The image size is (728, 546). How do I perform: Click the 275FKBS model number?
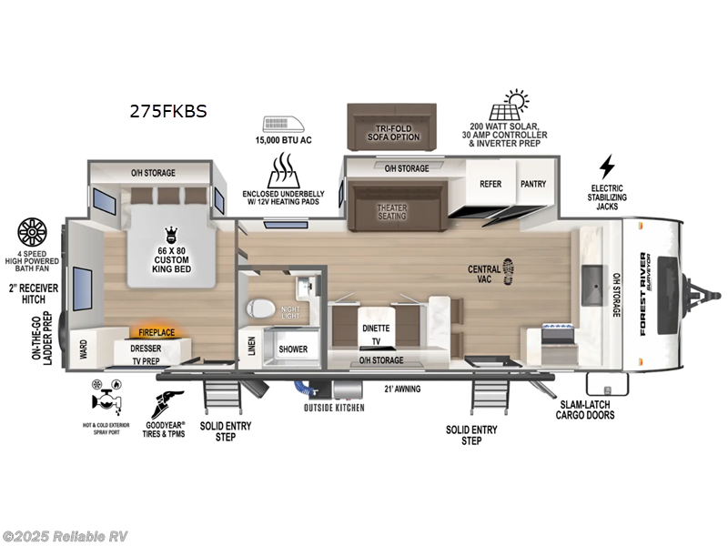[167, 112]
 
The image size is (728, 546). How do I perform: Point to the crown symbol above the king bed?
[169, 234]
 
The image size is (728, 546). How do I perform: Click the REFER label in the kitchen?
[490, 184]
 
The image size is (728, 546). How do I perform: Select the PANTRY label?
[533, 184]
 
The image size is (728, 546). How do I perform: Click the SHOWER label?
[293, 349]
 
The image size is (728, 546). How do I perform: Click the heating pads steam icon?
[284, 170]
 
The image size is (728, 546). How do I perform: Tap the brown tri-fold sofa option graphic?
[392, 126]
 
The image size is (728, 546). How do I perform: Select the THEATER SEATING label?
[393, 211]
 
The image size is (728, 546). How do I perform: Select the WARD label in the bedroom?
[84, 348]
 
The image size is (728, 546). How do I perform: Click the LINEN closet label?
[251, 347]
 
